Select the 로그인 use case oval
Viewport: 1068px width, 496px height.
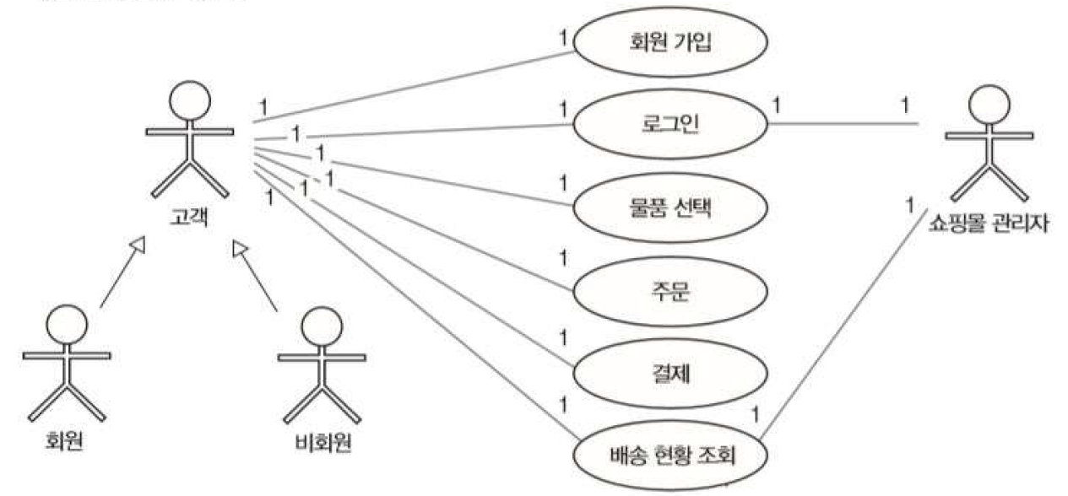pos(670,125)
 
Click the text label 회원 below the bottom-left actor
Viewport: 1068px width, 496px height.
pos(64,441)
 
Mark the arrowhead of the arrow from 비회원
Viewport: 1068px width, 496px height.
pos(241,247)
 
